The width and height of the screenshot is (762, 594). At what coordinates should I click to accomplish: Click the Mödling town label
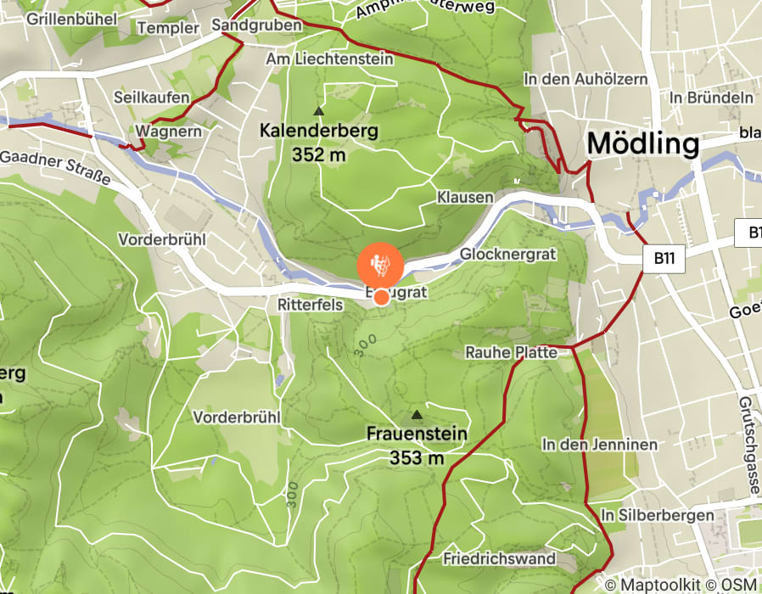point(642,143)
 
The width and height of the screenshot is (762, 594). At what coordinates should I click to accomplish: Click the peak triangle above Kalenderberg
point(319,111)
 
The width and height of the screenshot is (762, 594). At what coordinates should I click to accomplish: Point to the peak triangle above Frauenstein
point(417,415)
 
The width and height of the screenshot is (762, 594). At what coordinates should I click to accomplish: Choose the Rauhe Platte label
point(511,352)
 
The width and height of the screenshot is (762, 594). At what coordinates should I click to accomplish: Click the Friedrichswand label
point(499,558)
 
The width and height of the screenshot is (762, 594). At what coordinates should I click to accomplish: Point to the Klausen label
point(465,197)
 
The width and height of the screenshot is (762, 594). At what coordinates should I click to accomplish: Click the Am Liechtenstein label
point(329,59)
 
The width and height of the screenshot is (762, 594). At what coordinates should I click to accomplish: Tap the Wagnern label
point(168,132)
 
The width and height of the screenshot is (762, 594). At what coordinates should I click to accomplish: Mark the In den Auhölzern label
point(586,79)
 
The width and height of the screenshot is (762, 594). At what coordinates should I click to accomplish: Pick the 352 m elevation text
point(319,154)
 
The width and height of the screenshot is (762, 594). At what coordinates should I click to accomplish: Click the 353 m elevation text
point(417,458)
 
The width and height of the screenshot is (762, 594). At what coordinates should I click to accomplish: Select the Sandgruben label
point(257,25)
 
